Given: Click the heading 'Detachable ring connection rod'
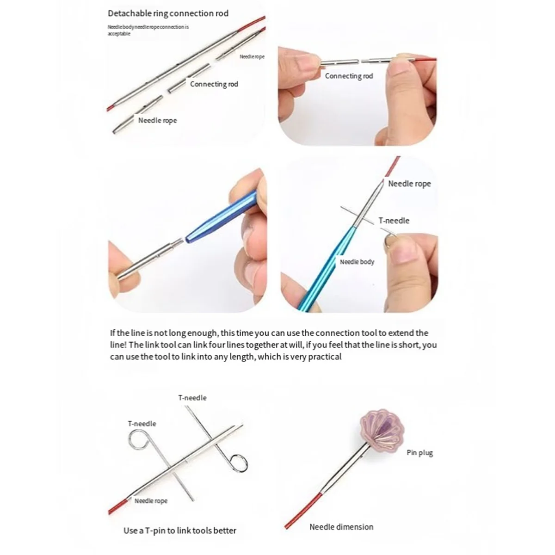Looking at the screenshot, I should coord(168,13).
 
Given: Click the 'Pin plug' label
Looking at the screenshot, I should coord(419,453).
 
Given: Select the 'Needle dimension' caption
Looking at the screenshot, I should coord(341,527).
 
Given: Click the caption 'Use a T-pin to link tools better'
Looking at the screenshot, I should coord(179,530).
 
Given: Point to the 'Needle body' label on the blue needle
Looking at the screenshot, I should coord(357,262).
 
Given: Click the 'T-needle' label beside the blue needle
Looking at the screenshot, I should coord(394,221).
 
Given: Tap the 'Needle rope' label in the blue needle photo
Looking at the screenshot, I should coord(409,184).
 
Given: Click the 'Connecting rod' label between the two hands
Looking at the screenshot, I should coord(348,76).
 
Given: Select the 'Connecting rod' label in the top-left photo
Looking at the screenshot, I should coord(214,84).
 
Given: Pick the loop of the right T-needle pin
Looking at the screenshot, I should coord(239,461).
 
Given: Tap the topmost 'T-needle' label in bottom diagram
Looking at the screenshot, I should coord(192,398).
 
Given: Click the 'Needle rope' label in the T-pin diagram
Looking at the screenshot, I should coord(151,501).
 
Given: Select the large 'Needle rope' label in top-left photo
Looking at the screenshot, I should coord(157,120).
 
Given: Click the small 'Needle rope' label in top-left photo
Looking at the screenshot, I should coord(252,56).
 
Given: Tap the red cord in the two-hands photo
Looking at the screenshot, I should coord(423,59).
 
